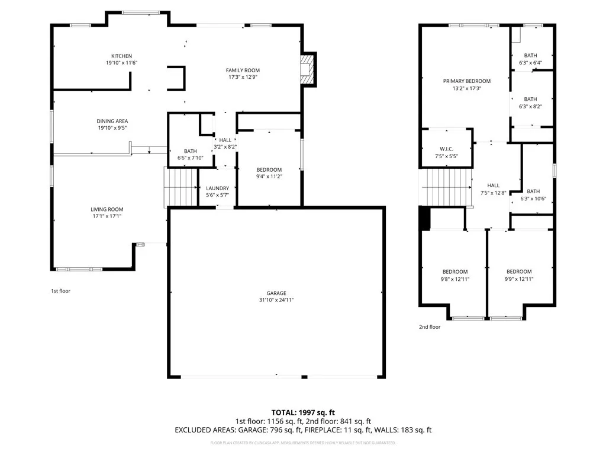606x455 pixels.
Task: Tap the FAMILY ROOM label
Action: [x=243, y=71]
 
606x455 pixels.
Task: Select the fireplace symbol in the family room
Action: [x=306, y=70]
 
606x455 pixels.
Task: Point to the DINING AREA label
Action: [x=112, y=121]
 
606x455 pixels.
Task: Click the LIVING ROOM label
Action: [x=107, y=209]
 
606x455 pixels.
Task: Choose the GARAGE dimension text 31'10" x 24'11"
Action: [x=276, y=300]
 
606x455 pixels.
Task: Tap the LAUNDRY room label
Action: [x=217, y=188]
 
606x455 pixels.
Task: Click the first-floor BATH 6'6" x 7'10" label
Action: [x=190, y=151]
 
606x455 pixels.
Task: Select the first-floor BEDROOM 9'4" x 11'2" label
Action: [x=269, y=170]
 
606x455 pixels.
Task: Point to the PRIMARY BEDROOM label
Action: [x=467, y=81]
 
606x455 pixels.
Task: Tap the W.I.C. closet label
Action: [x=446, y=149]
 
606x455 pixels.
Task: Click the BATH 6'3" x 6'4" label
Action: [x=530, y=56]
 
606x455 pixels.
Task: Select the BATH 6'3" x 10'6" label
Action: [x=533, y=191]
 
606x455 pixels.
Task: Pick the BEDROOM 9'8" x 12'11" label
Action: [x=455, y=272]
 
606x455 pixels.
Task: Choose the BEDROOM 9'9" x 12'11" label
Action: [x=519, y=272]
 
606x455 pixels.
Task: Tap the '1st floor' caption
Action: [x=60, y=291]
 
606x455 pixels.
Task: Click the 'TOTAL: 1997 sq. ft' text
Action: [x=302, y=412]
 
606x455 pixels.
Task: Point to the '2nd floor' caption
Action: [x=430, y=327]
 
